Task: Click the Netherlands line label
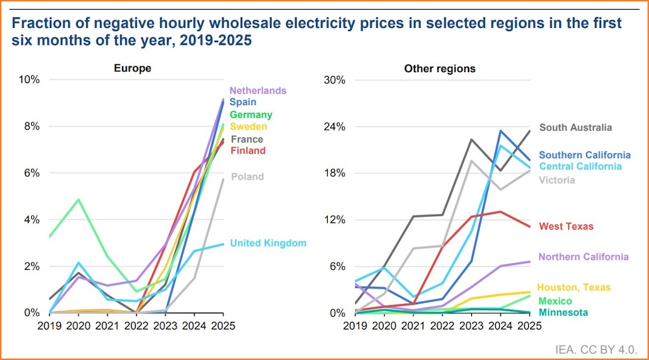click(x=258, y=91)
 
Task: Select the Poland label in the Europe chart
click(x=247, y=176)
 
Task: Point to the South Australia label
click(x=575, y=128)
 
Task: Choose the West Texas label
click(x=566, y=226)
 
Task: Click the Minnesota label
click(x=563, y=313)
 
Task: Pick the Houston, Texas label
click(x=574, y=287)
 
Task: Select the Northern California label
click(x=583, y=258)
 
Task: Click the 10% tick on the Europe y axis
click(x=29, y=80)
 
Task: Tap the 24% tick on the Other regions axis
click(x=336, y=126)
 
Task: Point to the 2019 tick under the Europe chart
click(x=49, y=325)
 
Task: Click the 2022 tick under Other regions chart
click(x=441, y=325)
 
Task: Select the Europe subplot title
click(x=132, y=68)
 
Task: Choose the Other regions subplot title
click(x=439, y=68)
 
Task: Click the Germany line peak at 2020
click(x=79, y=200)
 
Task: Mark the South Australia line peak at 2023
click(x=472, y=139)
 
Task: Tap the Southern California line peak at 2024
click(x=500, y=131)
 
